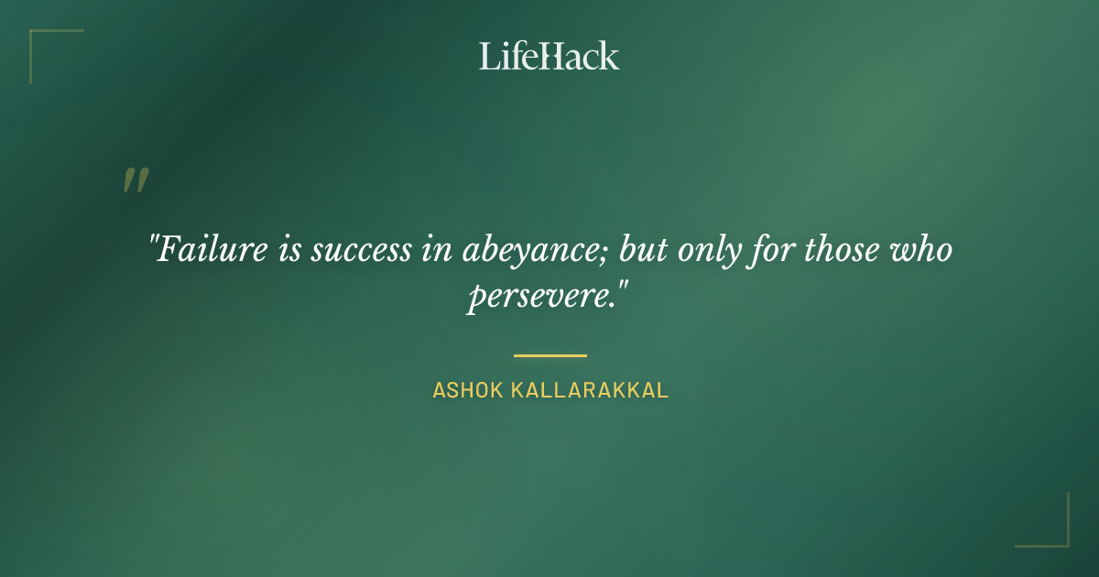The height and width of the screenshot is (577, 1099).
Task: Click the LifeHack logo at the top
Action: (549, 56)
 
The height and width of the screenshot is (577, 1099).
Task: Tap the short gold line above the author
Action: (549, 355)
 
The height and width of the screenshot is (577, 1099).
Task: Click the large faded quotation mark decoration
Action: (136, 180)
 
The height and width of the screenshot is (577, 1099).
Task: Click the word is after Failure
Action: (288, 250)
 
